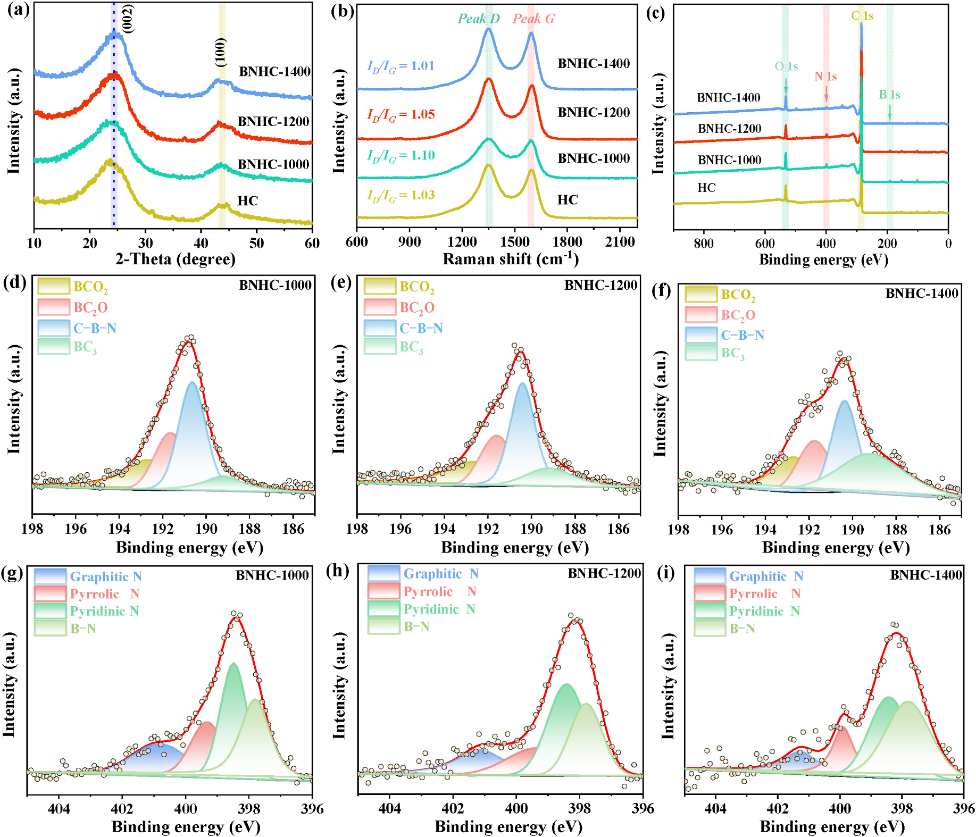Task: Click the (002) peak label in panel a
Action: (x=128, y=19)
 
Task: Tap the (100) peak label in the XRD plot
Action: (x=221, y=52)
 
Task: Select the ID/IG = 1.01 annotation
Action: (x=401, y=66)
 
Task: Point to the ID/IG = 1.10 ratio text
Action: (x=401, y=155)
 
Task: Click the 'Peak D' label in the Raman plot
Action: (x=479, y=19)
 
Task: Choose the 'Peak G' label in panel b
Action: (x=533, y=19)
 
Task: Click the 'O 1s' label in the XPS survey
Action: (x=786, y=66)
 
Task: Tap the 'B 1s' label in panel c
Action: (x=889, y=95)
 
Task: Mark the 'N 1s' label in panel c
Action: (x=825, y=77)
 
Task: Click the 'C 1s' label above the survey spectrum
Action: (x=862, y=15)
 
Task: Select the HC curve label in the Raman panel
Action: (x=568, y=200)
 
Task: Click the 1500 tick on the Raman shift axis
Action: (x=514, y=242)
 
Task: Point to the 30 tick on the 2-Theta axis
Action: (x=145, y=243)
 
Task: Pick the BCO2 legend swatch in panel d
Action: (x=54, y=287)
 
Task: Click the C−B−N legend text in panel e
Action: (x=421, y=328)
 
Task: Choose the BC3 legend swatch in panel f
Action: (x=701, y=353)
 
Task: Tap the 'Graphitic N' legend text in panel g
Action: (x=106, y=576)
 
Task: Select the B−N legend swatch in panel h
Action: (x=383, y=626)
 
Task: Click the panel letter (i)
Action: (x=666, y=573)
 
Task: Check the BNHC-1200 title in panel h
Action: (x=604, y=573)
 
